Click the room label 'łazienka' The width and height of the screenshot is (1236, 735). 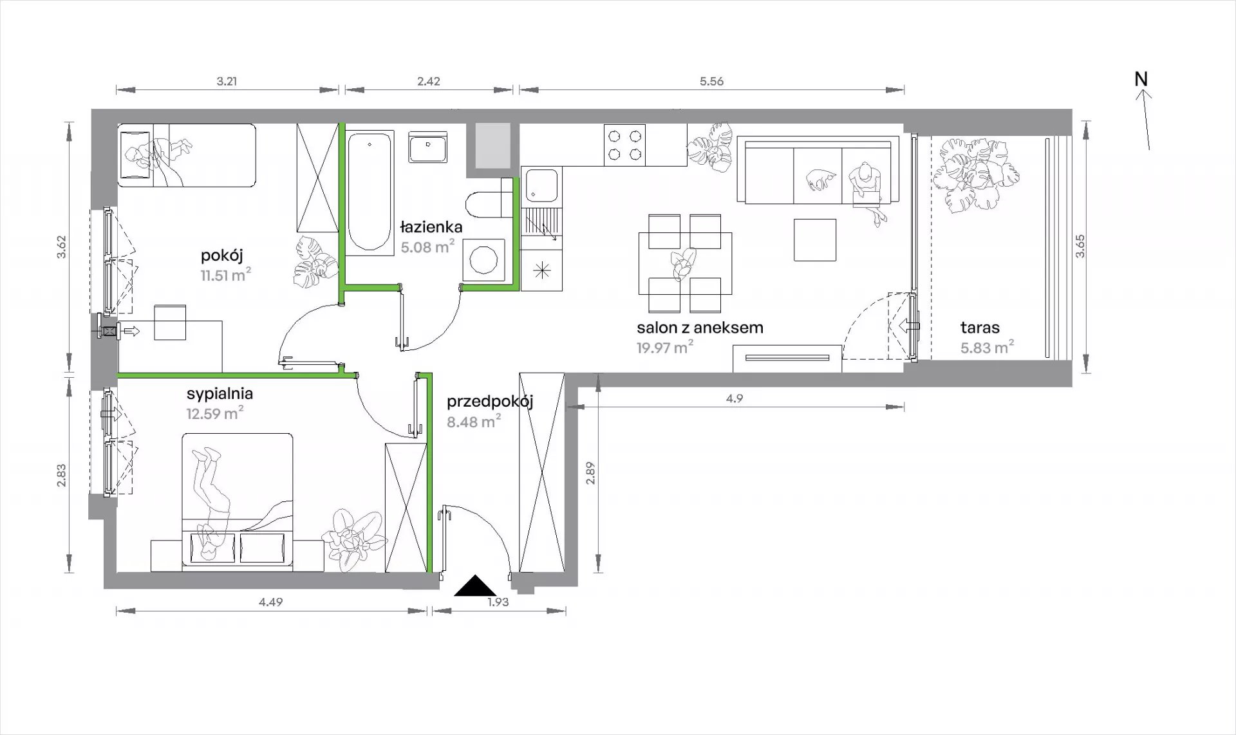pos(431,227)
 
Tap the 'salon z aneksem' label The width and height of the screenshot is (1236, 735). pos(700,327)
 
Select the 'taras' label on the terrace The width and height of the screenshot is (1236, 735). pos(980,327)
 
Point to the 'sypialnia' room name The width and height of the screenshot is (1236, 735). pos(220,394)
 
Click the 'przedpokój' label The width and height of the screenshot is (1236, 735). pos(490,402)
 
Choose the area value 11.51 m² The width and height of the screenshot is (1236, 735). pos(225,275)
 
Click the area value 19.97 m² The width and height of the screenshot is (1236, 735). pos(665,348)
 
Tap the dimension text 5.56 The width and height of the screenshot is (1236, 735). pos(711,81)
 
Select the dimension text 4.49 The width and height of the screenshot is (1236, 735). pos(270,602)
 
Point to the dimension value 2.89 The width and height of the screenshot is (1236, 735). pos(590,473)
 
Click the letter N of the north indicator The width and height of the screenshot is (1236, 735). pos(1141,79)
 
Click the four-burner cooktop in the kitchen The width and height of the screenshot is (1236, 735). pos(624,145)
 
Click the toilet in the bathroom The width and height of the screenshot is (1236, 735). pos(487,203)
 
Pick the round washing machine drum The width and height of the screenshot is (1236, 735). pos(483,261)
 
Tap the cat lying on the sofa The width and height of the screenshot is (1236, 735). pos(819,179)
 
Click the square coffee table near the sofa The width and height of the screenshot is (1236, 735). pos(815,240)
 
